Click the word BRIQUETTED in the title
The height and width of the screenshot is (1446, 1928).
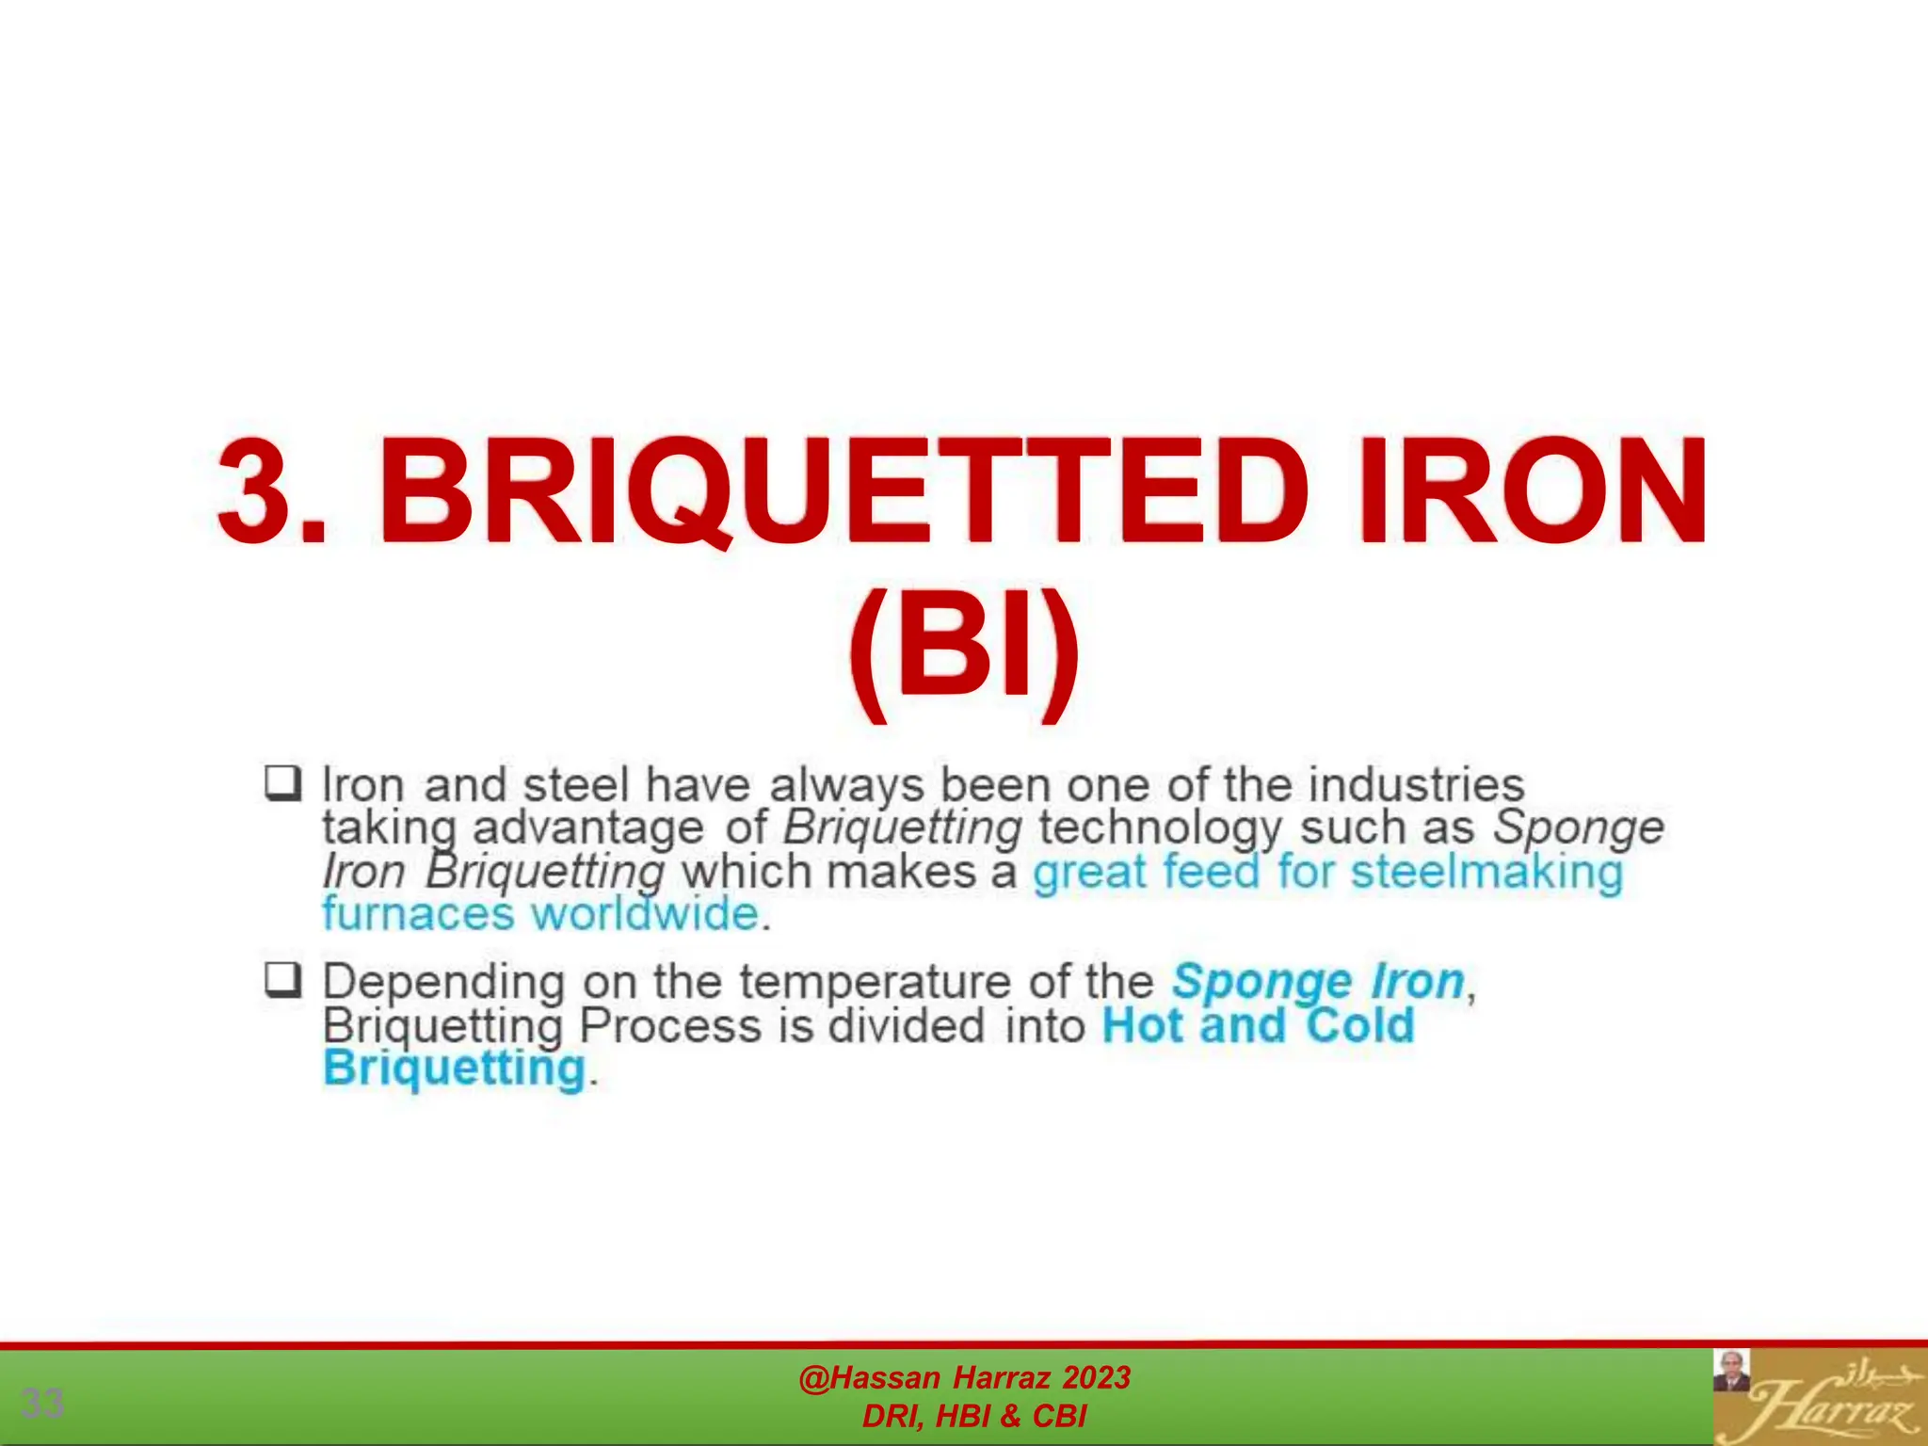pyautogui.click(x=843, y=491)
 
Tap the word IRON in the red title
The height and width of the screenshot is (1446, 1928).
pyautogui.click(x=1533, y=491)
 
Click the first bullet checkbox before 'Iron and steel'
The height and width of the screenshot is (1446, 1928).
pyautogui.click(x=282, y=783)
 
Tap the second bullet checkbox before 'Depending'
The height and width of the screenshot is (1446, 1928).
pyautogui.click(x=282, y=980)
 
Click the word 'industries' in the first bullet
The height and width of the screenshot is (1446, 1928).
pyautogui.click(x=1416, y=784)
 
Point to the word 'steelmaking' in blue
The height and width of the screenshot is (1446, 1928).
pyautogui.click(x=1486, y=871)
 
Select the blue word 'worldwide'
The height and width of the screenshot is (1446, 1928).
pyautogui.click(x=645, y=914)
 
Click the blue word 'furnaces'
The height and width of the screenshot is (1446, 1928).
pyautogui.click(x=418, y=914)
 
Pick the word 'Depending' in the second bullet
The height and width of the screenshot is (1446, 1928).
pyautogui.click(x=443, y=984)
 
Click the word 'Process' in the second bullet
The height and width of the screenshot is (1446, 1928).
pyautogui.click(x=669, y=1025)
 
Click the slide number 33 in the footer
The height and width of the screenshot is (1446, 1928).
pyautogui.click(x=42, y=1403)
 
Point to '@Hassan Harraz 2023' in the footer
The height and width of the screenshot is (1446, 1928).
pyautogui.click(x=964, y=1377)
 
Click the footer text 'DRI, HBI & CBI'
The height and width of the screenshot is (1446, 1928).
pyautogui.click(x=973, y=1416)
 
